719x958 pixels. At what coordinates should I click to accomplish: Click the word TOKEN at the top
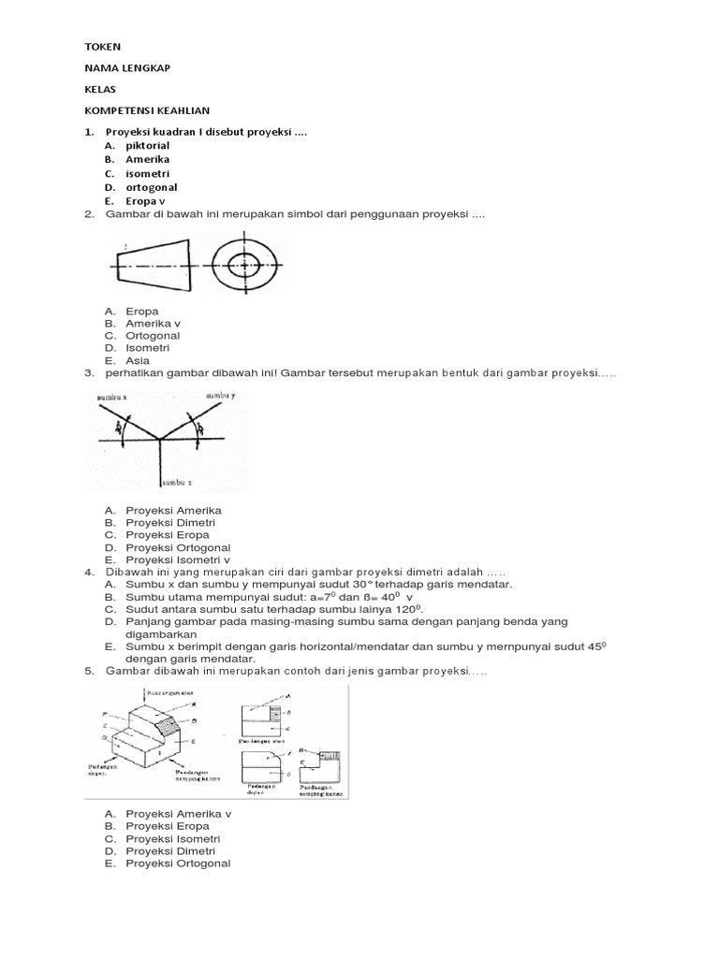pos(103,46)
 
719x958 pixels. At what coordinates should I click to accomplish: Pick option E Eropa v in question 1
pos(145,200)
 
